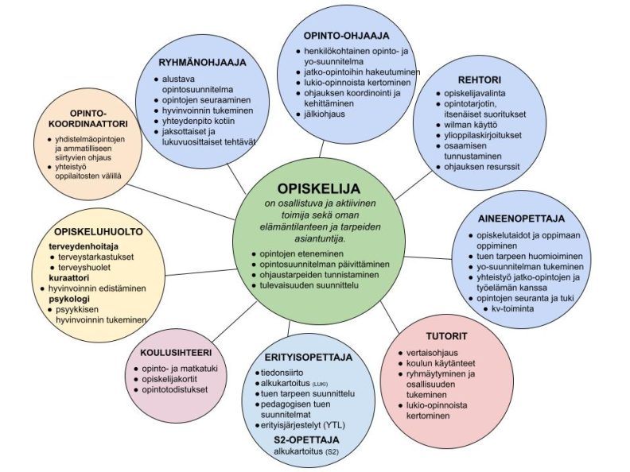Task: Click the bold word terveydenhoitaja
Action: pyautogui.click(x=78, y=246)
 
